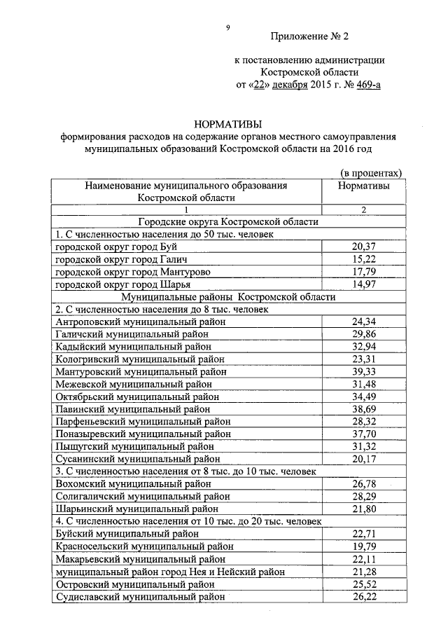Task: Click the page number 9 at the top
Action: pyautogui.click(x=227, y=28)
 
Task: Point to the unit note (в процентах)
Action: pyautogui.click(x=371, y=172)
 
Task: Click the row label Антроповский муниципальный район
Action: pyautogui.click(x=140, y=322)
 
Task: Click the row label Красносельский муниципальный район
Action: pyautogui.click(x=143, y=546)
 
